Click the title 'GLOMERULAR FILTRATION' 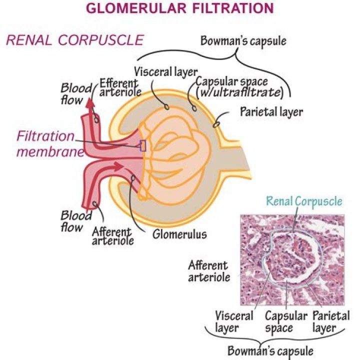(180, 8)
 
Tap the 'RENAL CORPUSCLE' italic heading (74, 39)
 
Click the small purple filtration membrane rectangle (143, 145)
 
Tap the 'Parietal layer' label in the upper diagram (271, 111)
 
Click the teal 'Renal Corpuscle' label (304, 201)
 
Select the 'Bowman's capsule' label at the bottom (270, 351)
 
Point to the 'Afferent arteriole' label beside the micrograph (208, 271)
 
